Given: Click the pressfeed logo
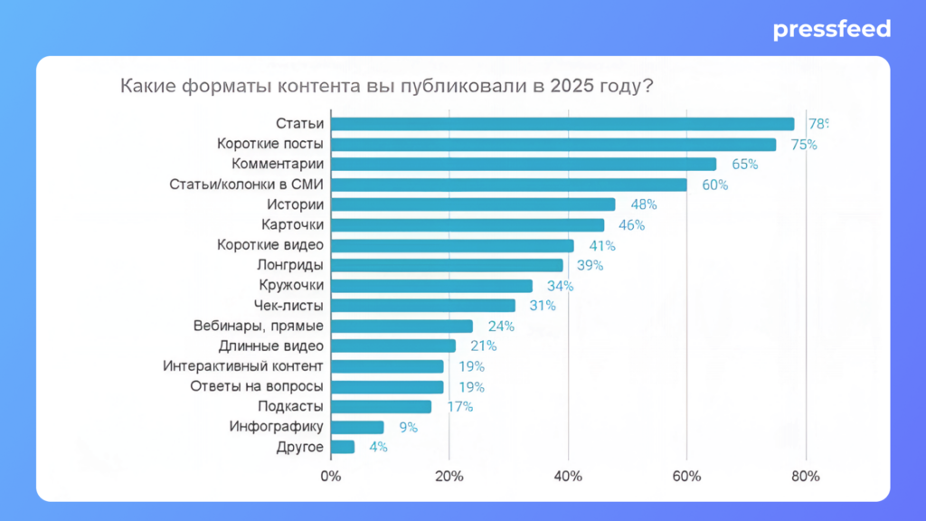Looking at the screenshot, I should pyautogui.click(x=831, y=30).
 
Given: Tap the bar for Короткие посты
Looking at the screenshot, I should pyautogui.click(x=553, y=145).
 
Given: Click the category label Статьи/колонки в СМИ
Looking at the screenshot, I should pyautogui.click(x=247, y=185).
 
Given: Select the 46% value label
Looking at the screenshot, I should pyautogui.click(x=632, y=225).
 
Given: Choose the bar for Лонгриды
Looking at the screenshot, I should pyautogui.click(x=447, y=265).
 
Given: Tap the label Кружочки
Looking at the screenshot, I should pyautogui.click(x=291, y=286).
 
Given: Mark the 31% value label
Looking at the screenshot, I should pyautogui.click(x=543, y=306).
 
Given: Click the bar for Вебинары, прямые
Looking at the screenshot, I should pyautogui.click(x=402, y=326).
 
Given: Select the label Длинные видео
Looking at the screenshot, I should pyautogui.click(x=271, y=346).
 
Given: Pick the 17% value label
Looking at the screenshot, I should pyautogui.click(x=460, y=406).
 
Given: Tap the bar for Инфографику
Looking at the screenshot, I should pyautogui.click(x=357, y=427).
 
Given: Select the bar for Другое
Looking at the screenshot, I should pyautogui.click(x=343, y=447).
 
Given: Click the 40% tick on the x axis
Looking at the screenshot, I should pyautogui.click(x=568, y=477).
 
